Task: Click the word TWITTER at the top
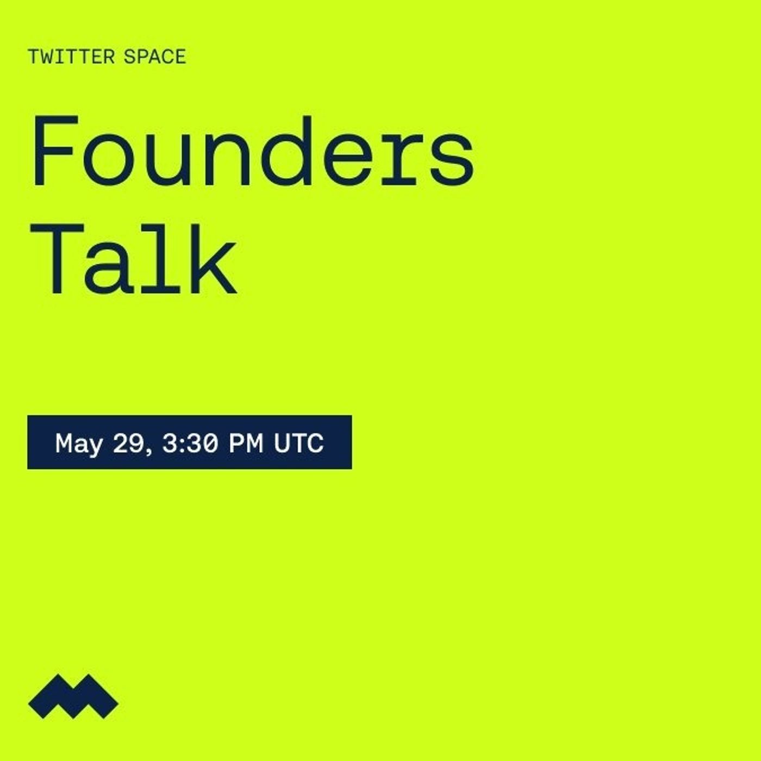[71, 57]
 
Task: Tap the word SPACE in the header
[154, 57]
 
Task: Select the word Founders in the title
[253, 151]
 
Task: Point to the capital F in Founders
[55, 151]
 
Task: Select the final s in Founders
[451, 160]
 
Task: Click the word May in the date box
[78, 444]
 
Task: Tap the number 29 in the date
[128, 442]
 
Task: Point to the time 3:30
[190, 442]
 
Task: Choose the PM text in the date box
[246, 442]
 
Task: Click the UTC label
[298, 442]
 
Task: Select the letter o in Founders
[106, 160]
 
